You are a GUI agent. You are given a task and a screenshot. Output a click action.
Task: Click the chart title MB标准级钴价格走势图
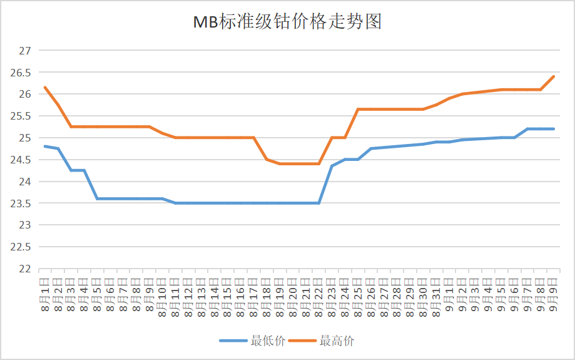coord(287,23)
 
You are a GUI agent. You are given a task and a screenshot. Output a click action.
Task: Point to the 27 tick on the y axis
coord(24,51)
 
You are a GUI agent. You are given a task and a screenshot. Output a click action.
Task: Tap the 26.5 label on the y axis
coord(21,73)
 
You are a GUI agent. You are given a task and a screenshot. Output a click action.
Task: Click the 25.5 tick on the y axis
coord(21,116)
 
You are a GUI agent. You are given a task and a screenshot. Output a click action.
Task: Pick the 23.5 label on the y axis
coord(21,203)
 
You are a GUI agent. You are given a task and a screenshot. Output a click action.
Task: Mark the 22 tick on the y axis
coord(24,269)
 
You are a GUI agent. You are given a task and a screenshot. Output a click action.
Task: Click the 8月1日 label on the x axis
coord(45,294)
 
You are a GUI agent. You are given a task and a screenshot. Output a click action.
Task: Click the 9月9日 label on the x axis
coord(554,294)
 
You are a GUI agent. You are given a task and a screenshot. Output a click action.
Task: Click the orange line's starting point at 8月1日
coord(45,88)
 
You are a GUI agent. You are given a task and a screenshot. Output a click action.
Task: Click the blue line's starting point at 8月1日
coord(45,147)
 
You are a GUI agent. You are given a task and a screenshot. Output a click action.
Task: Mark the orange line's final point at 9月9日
coord(554,76)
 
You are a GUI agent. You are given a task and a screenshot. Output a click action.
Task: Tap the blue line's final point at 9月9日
coord(554,129)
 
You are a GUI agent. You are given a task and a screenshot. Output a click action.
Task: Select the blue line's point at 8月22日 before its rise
coord(319,203)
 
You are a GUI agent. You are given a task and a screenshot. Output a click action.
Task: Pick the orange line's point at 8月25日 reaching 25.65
coord(358,109)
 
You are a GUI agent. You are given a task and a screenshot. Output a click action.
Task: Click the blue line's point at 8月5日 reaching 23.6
coord(97,198)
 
